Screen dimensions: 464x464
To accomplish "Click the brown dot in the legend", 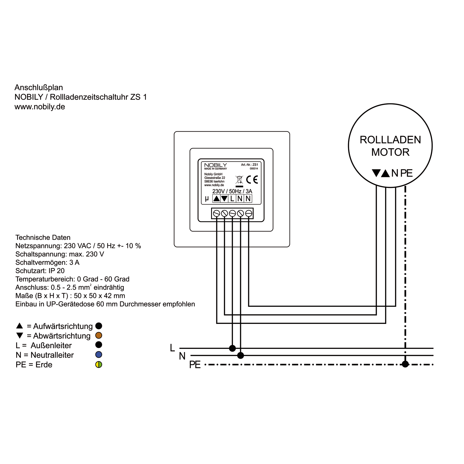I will pyautogui.click(x=99, y=336).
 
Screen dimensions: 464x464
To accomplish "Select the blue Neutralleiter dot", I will pyautogui.click(x=99, y=355).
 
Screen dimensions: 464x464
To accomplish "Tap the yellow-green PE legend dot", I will pyautogui.click(x=99, y=365).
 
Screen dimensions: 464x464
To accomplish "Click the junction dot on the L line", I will pyautogui.click(x=232, y=348).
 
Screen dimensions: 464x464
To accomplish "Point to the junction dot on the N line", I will pyautogui.click(x=240, y=356).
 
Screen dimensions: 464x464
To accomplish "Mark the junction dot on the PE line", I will pyautogui.click(x=405, y=364).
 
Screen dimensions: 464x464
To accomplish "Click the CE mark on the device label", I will pyautogui.click(x=252, y=180).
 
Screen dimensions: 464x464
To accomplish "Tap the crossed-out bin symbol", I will pyautogui.click(x=239, y=180).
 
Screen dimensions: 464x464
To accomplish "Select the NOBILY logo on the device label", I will pyautogui.click(x=215, y=165).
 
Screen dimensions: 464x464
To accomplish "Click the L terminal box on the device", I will pyautogui.click(x=232, y=199).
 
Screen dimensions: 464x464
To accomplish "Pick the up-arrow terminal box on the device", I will pyautogui.click(x=216, y=199).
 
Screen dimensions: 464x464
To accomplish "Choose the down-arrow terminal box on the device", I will pyautogui.click(x=224, y=199).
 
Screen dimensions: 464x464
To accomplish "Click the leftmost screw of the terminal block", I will pyautogui.click(x=216, y=214).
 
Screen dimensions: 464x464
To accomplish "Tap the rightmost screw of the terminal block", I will pyautogui.click(x=249, y=214).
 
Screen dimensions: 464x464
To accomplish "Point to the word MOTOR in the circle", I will pyautogui.click(x=390, y=152).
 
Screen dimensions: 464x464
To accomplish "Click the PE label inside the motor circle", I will pyautogui.click(x=406, y=173).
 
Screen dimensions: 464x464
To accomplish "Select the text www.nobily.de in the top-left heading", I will pyautogui.click(x=40, y=107).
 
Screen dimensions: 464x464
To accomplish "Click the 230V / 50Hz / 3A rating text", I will pyautogui.click(x=232, y=191).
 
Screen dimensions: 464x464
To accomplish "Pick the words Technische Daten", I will pyautogui.click(x=43, y=238).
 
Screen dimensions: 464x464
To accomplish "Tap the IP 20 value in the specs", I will pyautogui.click(x=57, y=271).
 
